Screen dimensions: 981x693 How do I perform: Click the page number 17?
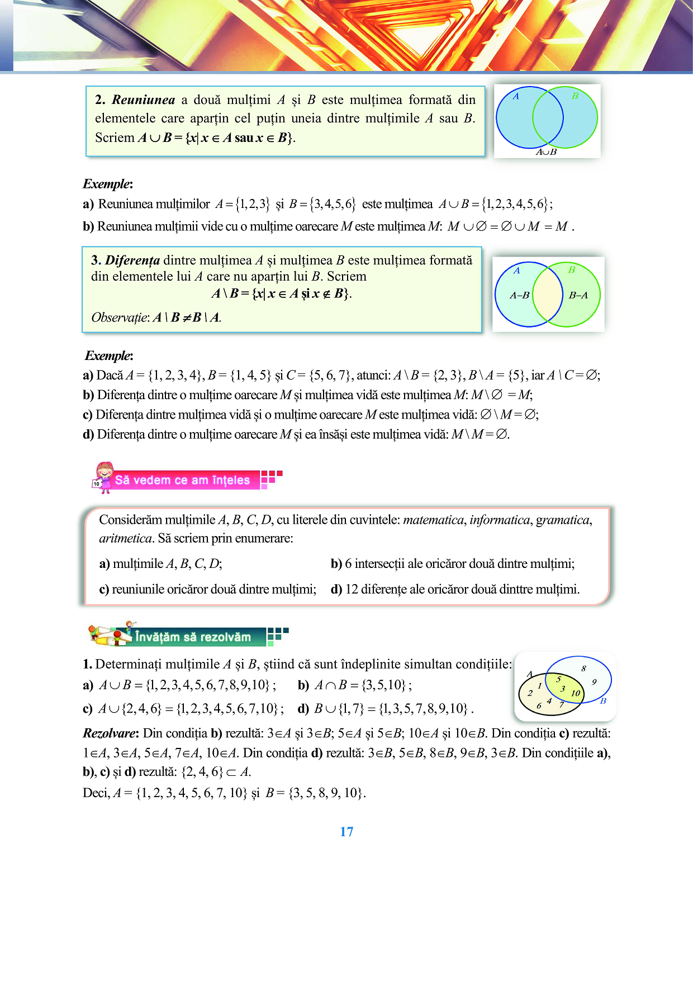pyautogui.click(x=346, y=832)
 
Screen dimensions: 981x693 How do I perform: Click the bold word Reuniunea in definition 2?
pyautogui.click(x=143, y=100)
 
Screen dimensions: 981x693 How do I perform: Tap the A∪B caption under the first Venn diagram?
pyautogui.click(x=546, y=152)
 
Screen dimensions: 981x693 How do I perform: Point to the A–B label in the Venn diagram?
pyautogui.click(x=519, y=295)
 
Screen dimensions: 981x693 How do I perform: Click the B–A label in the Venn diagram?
pyautogui.click(x=578, y=295)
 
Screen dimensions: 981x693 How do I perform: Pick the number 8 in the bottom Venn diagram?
pyautogui.click(x=583, y=668)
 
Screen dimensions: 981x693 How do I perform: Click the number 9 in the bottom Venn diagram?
pyautogui.click(x=594, y=681)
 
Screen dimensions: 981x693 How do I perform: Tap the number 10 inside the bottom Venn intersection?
pyautogui.click(x=575, y=693)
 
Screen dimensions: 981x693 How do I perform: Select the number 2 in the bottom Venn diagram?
pyautogui.click(x=530, y=693)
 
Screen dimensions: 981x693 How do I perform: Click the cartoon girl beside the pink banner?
pyautogui.click(x=103, y=477)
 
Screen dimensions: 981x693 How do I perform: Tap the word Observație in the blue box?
pyautogui.click(x=120, y=317)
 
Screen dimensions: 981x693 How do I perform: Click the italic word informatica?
pyautogui.click(x=499, y=520)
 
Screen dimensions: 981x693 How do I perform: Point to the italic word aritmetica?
pyautogui.click(x=125, y=538)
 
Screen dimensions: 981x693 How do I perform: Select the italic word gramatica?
pyautogui.click(x=563, y=520)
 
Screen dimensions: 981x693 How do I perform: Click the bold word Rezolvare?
pyautogui.click(x=110, y=733)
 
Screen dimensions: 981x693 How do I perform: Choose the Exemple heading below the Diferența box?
pyautogui.click(x=108, y=356)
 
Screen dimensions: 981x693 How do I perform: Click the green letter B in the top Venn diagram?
pyautogui.click(x=575, y=96)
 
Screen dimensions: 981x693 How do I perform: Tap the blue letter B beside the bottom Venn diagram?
pyautogui.click(x=603, y=701)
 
